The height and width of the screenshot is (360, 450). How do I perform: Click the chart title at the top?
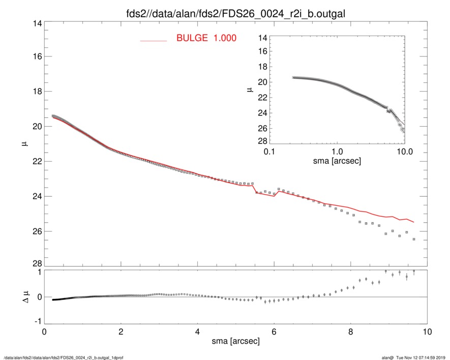click(x=236, y=14)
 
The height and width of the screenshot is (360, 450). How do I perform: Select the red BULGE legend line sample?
click(x=154, y=40)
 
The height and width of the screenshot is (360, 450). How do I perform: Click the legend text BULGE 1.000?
click(x=206, y=38)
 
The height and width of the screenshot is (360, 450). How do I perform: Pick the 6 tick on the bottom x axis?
click(x=275, y=331)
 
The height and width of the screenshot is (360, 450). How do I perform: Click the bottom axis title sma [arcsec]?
click(x=235, y=341)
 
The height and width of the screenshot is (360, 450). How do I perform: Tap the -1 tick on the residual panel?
click(x=37, y=322)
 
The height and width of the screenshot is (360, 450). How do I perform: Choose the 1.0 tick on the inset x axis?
click(x=337, y=151)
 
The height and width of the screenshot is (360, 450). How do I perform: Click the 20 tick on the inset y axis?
click(x=262, y=82)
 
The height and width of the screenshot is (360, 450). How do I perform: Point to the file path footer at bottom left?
click(x=63, y=357)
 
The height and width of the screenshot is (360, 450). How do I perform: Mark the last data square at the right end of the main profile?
click(x=414, y=239)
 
